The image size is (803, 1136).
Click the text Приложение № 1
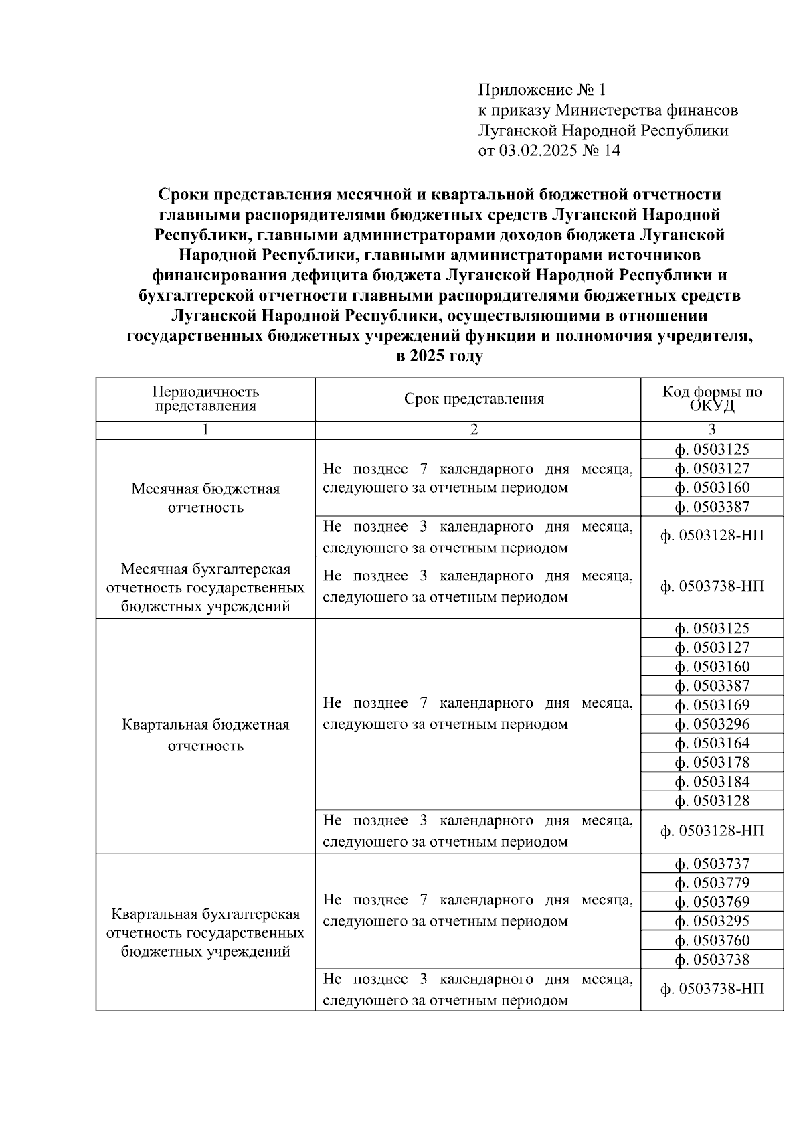point(541,90)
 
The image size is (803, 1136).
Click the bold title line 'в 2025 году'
point(439,356)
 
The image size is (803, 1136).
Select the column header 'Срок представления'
point(474,400)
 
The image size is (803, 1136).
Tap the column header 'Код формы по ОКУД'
point(712,399)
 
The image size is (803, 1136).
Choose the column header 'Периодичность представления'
point(205,399)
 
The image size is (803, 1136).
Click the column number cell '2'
point(474,430)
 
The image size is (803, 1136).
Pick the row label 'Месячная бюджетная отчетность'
point(205,498)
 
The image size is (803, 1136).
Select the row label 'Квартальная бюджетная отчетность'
point(205,735)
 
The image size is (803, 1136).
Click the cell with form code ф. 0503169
point(712,705)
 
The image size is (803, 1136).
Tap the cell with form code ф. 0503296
point(712,724)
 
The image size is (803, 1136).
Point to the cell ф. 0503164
point(712,744)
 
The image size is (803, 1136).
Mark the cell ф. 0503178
point(712,762)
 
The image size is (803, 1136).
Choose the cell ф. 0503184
point(712,782)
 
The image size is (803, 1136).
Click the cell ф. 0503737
point(712,864)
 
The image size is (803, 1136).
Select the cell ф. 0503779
point(712,883)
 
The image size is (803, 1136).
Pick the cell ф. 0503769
point(712,902)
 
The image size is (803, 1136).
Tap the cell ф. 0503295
point(712,921)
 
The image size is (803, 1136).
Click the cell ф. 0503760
point(712,941)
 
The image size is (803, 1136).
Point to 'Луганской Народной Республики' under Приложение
point(603,131)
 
